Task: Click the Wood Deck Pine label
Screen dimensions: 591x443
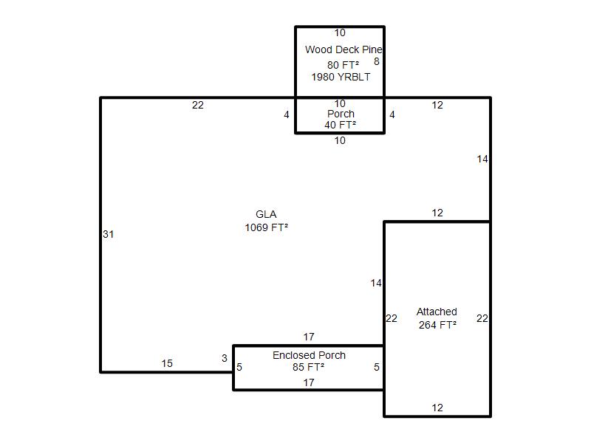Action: [x=344, y=49]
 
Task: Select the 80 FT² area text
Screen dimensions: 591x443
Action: [x=343, y=65]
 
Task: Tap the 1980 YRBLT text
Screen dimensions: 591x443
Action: [x=341, y=77]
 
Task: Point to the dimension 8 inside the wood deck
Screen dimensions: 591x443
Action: [x=377, y=61]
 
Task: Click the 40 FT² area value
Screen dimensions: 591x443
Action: [x=341, y=125]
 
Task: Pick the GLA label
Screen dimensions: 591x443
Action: [x=266, y=214]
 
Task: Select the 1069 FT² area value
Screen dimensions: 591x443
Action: [x=267, y=227]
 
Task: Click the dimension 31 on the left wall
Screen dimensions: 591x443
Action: [x=108, y=234]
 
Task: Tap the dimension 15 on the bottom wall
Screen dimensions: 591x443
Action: [x=167, y=363]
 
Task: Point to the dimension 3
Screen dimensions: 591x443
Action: [x=225, y=358]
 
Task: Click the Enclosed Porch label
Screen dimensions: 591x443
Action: [x=309, y=355]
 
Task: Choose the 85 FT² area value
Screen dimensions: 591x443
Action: [x=308, y=367]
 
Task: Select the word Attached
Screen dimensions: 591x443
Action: [x=437, y=312]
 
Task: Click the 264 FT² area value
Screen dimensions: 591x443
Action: [x=437, y=325]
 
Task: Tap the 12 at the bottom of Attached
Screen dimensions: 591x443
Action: [x=437, y=408]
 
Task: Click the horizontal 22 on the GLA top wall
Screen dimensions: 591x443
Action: [x=198, y=105]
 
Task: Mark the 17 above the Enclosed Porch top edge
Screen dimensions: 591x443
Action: [x=309, y=337]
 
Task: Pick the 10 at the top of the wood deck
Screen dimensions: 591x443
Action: [x=340, y=32]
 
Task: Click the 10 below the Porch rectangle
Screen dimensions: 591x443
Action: [x=340, y=140]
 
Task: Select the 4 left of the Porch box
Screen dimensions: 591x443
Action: [x=287, y=114]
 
